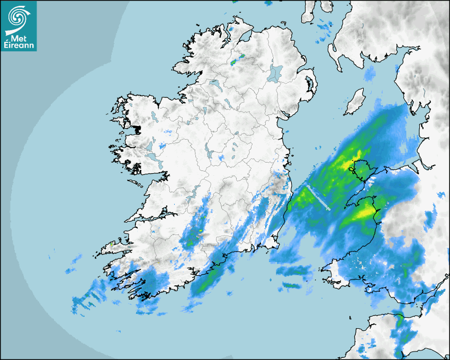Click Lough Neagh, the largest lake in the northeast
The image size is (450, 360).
[276, 73]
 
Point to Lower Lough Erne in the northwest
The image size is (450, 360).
[214, 83]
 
